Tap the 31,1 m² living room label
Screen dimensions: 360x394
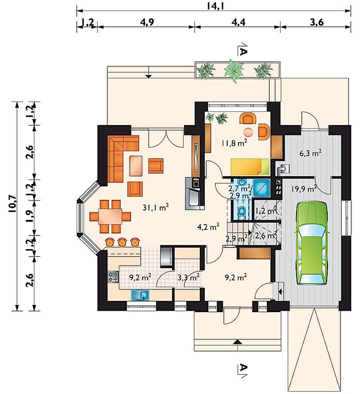click(156, 207)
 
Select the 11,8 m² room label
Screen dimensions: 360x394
click(234, 143)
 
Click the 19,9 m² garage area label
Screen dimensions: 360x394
click(304, 188)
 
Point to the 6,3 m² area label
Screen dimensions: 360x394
click(310, 153)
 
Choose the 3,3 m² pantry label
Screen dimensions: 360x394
click(189, 278)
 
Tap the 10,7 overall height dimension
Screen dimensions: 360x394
click(13, 204)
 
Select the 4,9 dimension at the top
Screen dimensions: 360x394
click(147, 22)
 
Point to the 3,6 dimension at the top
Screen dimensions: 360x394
click(317, 22)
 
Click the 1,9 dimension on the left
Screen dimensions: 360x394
click(29, 215)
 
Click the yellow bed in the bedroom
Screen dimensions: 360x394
click(250, 166)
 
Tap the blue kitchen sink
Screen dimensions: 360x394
click(140, 295)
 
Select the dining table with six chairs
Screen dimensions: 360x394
click(110, 216)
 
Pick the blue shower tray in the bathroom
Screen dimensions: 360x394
click(262, 188)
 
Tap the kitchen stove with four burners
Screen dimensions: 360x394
click(113, 277)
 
